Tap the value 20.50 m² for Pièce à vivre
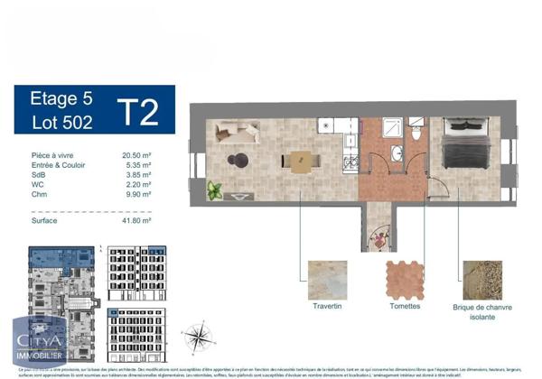[136, 155]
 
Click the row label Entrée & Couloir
[53, 164]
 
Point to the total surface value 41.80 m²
[136, 219]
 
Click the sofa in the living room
[237, 134]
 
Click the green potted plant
[214, 190]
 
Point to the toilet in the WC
[416, 134]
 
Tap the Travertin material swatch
[327, 280]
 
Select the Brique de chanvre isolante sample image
[481, 280]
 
